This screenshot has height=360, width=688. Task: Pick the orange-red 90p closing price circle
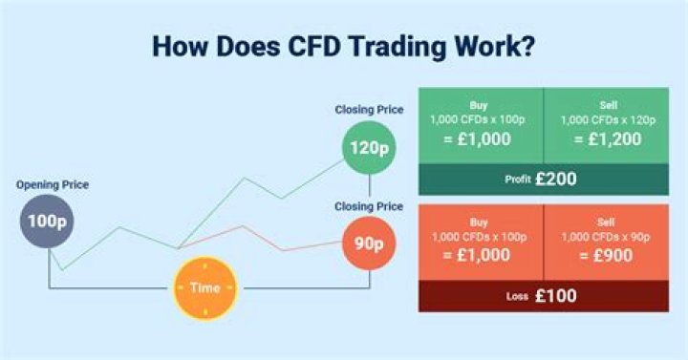point(368,243)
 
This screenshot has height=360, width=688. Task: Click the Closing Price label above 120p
point(369,111)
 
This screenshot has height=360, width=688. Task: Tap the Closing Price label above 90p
point(369,206)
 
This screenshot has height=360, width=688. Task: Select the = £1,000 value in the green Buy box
point(480,139)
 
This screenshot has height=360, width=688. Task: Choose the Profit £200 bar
point(543,179)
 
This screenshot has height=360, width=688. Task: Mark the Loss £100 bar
point(543,296)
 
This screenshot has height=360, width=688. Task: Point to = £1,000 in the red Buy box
point(480,258)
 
